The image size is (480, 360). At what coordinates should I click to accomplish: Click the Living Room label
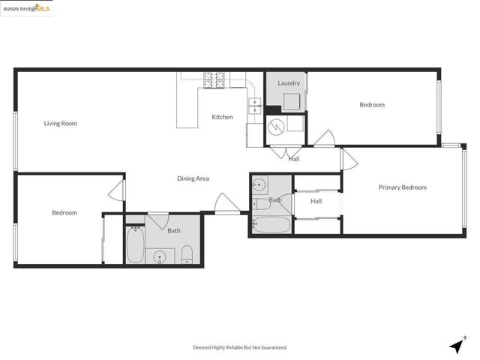pos(60,124)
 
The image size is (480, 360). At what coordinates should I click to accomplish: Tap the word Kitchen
pos(222,117)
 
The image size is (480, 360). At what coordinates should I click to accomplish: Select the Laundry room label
pos(289,83)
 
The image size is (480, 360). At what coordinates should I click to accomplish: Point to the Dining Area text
pos(193,178)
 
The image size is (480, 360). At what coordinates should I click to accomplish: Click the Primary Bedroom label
pos(402,187)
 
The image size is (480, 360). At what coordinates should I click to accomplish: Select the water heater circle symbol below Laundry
pos(275,127)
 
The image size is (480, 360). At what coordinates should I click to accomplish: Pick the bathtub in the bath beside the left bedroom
pos(135,245)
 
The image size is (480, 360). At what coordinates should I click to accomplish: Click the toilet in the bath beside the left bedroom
pos(187,254)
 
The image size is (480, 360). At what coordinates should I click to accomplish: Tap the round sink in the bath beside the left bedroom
pos(160,257)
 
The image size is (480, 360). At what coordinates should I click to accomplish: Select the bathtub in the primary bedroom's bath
pos(270,225)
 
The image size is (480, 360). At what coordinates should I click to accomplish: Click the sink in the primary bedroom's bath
pos(259,184)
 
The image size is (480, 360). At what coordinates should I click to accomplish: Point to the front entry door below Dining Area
pos(227,203)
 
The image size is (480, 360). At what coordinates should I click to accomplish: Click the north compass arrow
pos(456,346)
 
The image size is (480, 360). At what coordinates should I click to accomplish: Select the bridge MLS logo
pos(27,9)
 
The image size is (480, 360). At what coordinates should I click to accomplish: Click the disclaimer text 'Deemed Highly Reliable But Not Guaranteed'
pos(240,347)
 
